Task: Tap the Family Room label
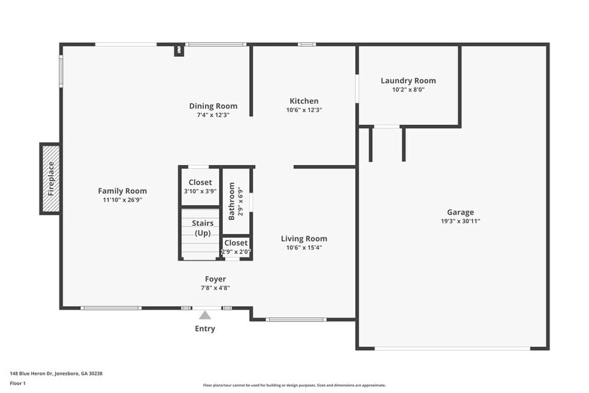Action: [x=122, y=190]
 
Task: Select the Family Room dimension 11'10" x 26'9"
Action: [x=122, y=200]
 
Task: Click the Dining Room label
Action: [x=213, y=106]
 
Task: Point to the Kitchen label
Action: [x=304, y=101]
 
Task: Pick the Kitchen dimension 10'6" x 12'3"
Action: [x=304, y=110]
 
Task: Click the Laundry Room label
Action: [x=408, y=80]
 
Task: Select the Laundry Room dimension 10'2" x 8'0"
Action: [x=408, y=90]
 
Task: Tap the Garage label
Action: [x=461, y=212]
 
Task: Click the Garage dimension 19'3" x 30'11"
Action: [x=461, y=221]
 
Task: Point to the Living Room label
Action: [x=304, y=239]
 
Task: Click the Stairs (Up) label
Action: [x=202, y=228]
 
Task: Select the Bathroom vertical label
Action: [x=232, y=201]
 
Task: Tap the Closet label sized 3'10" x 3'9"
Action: [x=200, y=182]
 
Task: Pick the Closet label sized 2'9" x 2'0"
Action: [x=236, y=243]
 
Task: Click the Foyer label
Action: [x=215, y=279]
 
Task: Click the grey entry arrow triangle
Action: [x=205, y=315]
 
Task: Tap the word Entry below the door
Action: [x=205, y=329]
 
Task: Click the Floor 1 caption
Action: [x=17, y=383]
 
